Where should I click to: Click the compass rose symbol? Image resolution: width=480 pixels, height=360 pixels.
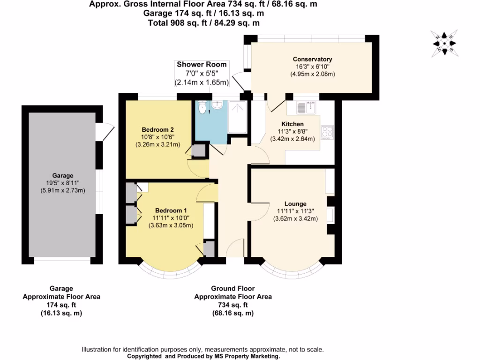444,43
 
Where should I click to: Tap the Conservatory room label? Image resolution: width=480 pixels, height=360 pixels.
312,59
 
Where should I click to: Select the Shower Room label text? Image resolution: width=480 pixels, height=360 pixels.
202,64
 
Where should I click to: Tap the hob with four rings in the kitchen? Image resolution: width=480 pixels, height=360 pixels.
327,132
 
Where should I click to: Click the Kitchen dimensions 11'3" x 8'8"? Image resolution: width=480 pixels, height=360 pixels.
292,131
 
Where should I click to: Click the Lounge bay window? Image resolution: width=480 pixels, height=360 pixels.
292,270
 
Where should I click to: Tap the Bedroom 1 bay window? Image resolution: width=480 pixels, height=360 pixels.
172,270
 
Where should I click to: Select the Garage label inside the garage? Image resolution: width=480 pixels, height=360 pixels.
63,175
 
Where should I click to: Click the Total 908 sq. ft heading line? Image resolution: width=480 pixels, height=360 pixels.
204,22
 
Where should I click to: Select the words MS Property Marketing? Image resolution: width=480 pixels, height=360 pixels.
244,356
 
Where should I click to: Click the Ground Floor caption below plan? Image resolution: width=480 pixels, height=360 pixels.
232,289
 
